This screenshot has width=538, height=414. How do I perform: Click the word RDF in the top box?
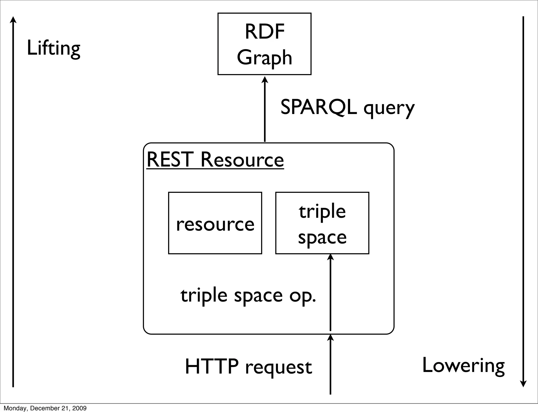[265, 32]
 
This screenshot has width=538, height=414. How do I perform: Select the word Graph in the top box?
[265, 58]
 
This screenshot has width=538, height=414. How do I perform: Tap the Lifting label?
[54, 48]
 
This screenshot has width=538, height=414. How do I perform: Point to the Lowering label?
[463, 366]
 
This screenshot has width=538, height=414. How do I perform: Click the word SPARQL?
[319, 107]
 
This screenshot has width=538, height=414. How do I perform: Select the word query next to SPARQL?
[389, 108]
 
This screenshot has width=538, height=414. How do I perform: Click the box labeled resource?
[215, 223]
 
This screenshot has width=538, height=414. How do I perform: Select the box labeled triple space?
[322, 223]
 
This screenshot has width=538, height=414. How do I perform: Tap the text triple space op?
[248, 296]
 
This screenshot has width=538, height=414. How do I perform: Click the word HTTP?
[212, 366]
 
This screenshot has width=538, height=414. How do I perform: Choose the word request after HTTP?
[278, 368]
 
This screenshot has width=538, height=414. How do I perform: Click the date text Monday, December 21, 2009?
[45, 408]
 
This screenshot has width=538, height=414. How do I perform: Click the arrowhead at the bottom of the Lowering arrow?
[523, 384]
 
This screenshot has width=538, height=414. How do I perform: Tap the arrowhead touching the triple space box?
[330, 257]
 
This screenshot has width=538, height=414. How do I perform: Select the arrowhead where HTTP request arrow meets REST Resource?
[330, 337]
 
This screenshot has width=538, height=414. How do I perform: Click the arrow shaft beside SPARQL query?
[265, 113]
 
